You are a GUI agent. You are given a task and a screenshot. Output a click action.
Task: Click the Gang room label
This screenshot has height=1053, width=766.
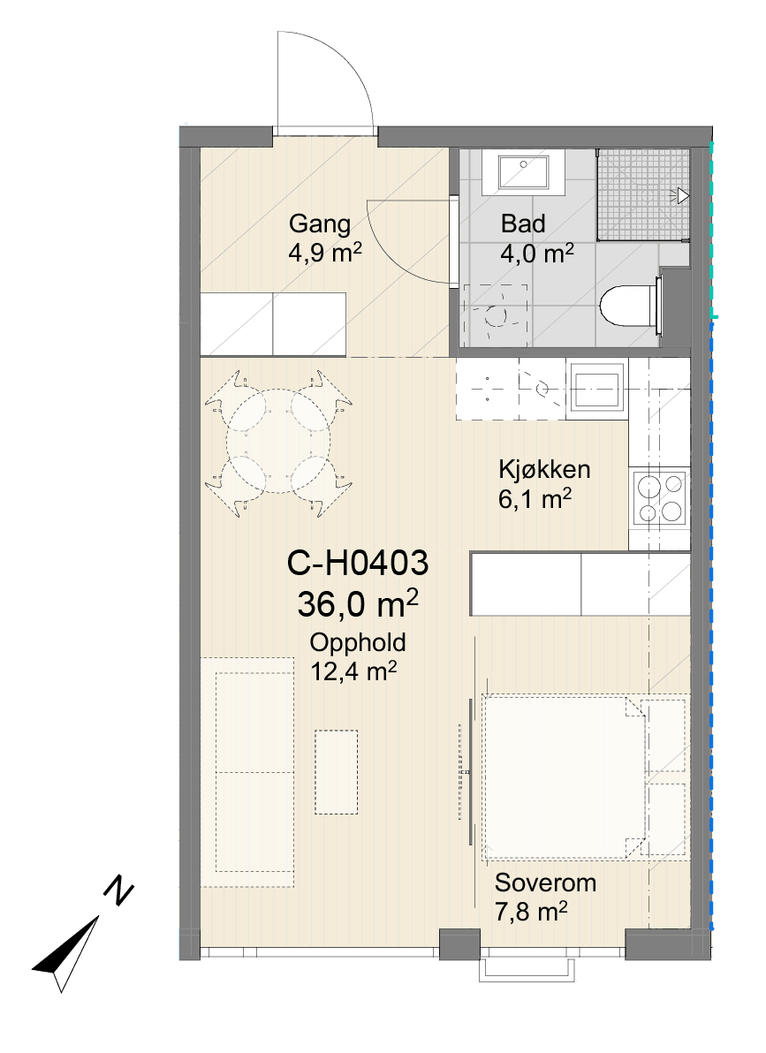[x=320, y=223]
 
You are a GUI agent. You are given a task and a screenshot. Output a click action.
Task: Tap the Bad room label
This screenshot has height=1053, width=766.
[x=523, y=223]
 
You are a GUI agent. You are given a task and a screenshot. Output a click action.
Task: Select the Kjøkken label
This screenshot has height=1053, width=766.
[x=544, y=469]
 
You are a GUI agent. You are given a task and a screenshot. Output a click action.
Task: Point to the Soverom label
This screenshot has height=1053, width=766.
[x=546, y=883]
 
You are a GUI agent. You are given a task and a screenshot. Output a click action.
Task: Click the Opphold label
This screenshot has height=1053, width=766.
[x=358, y=643]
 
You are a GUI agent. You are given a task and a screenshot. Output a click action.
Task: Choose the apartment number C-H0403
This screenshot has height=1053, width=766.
[x=358, y=563]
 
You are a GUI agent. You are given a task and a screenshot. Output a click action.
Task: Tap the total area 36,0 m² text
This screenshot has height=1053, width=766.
[x=358, y=603]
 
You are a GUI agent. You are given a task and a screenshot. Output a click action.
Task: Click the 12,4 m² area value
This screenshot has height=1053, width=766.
[x=353, y=670]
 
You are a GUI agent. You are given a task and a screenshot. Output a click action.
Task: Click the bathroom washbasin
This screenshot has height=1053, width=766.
[x=522, y=172]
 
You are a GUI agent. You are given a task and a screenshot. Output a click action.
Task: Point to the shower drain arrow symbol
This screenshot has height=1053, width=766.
[x=683, y=196]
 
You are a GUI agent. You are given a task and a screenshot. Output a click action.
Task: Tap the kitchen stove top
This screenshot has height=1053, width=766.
[x=660, y=497]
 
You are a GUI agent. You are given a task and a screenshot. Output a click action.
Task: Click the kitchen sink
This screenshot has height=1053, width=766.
[x=596, y=389]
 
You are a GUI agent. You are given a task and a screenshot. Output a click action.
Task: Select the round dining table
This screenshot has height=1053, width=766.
[x=279, y=441]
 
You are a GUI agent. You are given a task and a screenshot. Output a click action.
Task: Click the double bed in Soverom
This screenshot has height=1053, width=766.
[x=565, y=776]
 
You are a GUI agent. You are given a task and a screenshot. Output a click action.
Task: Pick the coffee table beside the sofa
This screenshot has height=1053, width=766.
[x=336, y=772]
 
